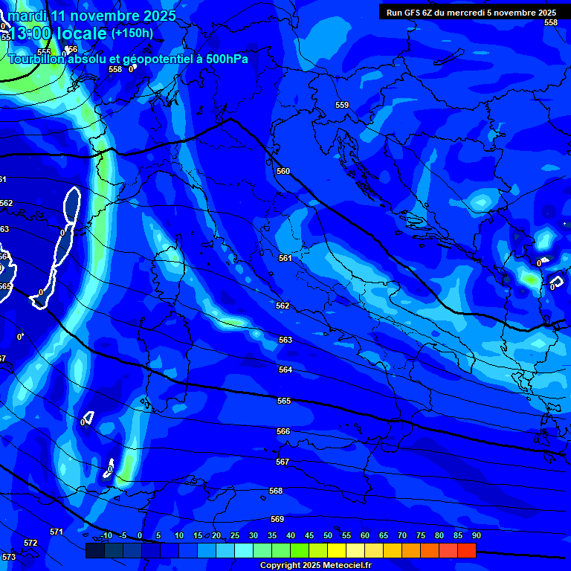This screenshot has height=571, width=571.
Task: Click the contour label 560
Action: point(283,171)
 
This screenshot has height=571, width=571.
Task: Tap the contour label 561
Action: point(285,258)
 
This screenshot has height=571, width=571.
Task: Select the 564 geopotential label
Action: point(285,370)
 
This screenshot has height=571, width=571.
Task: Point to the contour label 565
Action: point(284,401)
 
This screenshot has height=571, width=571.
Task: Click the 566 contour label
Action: point(283,431)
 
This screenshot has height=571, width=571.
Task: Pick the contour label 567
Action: point(282,462)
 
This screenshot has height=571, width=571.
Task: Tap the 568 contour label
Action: point(276,491)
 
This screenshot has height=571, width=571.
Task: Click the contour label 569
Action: point(277,519)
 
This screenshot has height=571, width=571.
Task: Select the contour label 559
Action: point(342,105)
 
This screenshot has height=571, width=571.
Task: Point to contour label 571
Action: point(57,532)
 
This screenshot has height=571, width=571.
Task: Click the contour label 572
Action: point(30,543)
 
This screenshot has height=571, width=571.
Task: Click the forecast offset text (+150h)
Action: point(132,33)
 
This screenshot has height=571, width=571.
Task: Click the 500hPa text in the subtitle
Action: point(222,59)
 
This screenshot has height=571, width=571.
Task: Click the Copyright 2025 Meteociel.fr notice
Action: point(315,565)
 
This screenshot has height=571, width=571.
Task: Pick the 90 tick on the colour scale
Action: point(476,535)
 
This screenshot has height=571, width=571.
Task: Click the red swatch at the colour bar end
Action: point(466,550)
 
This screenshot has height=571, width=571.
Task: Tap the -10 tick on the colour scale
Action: point(106,535)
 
